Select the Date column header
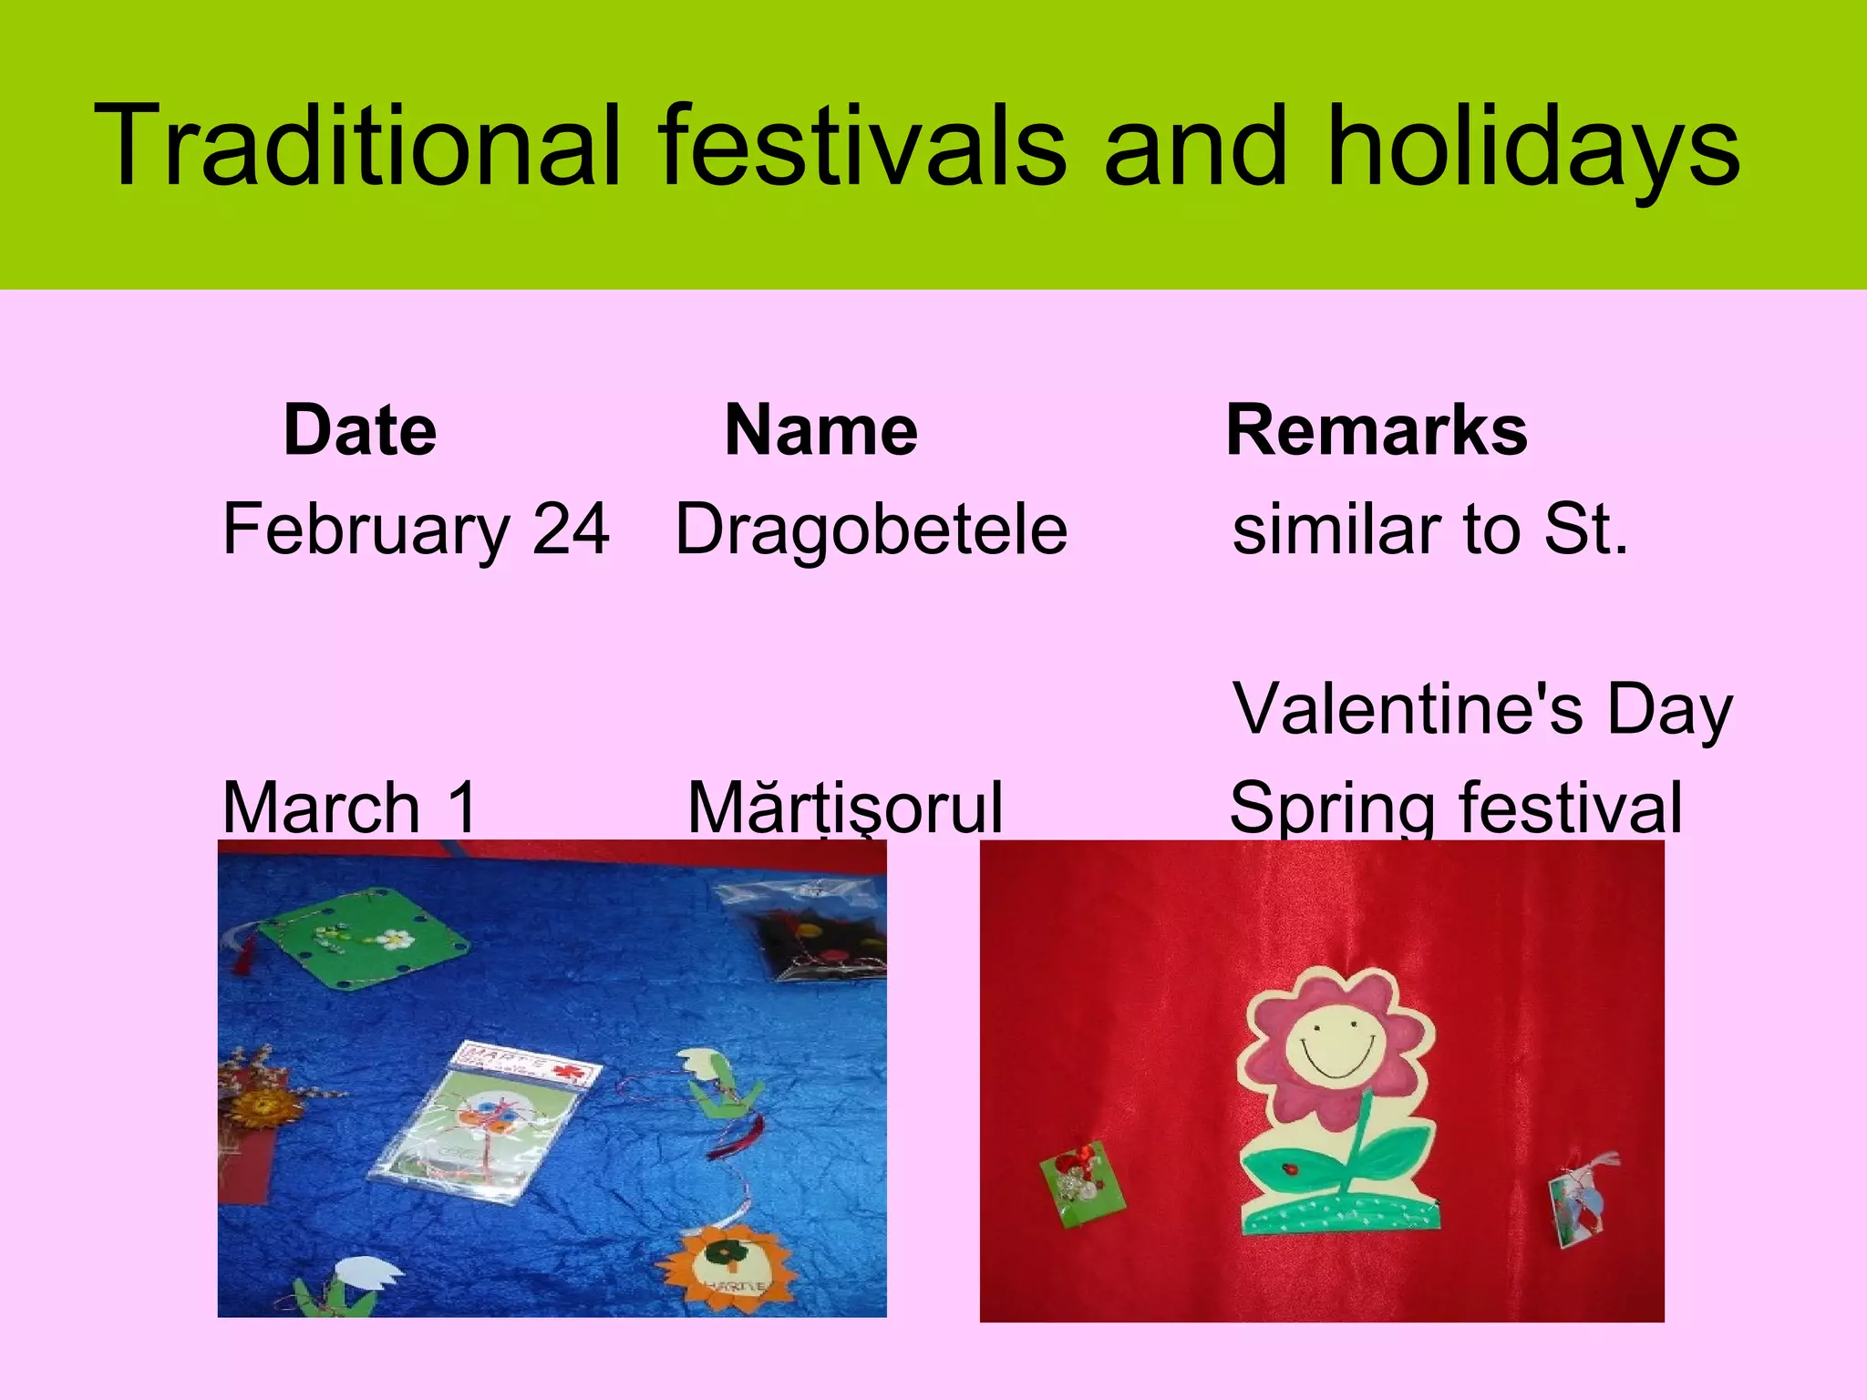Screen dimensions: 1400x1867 (360, 430)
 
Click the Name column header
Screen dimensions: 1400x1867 (820, 430)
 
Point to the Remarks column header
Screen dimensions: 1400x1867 (1377, 430)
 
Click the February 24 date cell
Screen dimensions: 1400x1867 (416, 529)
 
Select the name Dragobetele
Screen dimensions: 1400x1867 (871, 529)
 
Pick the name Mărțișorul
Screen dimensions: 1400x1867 (845, 808)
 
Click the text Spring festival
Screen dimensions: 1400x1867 (1455, 808)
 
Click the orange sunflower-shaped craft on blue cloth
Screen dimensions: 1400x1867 (727, 1261)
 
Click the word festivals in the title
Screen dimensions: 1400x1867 (862, 146)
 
